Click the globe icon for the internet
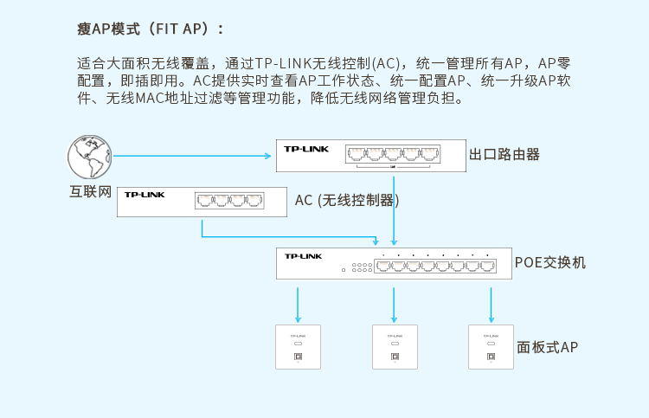89,158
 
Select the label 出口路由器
504,154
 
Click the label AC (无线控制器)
346,200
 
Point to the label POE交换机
549,261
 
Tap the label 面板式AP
547,348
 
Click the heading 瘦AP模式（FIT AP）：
151,29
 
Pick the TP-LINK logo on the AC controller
145,195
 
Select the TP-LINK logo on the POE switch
303,256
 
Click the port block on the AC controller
230,200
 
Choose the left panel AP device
298,347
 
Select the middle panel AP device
395,347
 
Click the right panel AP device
491,347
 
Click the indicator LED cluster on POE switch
362,267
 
